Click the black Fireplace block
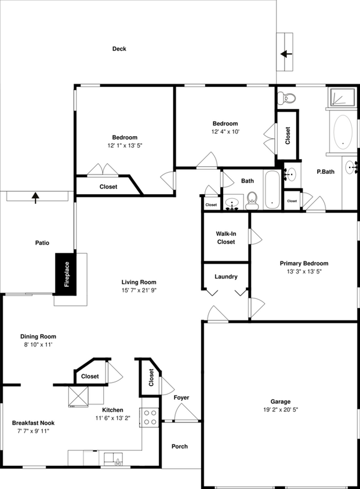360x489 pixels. coord(67,274)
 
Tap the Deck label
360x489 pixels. coord(119,49)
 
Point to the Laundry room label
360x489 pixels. coord(226,276)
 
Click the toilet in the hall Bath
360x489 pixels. coord(252,201)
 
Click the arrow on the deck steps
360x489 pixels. coord(285,54)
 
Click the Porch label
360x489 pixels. coord(180,447)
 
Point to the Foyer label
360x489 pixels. coord(181,397)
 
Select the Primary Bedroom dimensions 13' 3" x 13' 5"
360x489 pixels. coord(304,271)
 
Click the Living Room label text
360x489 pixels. coord(139,282)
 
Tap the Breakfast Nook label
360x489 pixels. coord(34,423)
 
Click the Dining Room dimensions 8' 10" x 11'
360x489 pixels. coord(38,345)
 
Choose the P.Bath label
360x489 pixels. coord(326,172)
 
